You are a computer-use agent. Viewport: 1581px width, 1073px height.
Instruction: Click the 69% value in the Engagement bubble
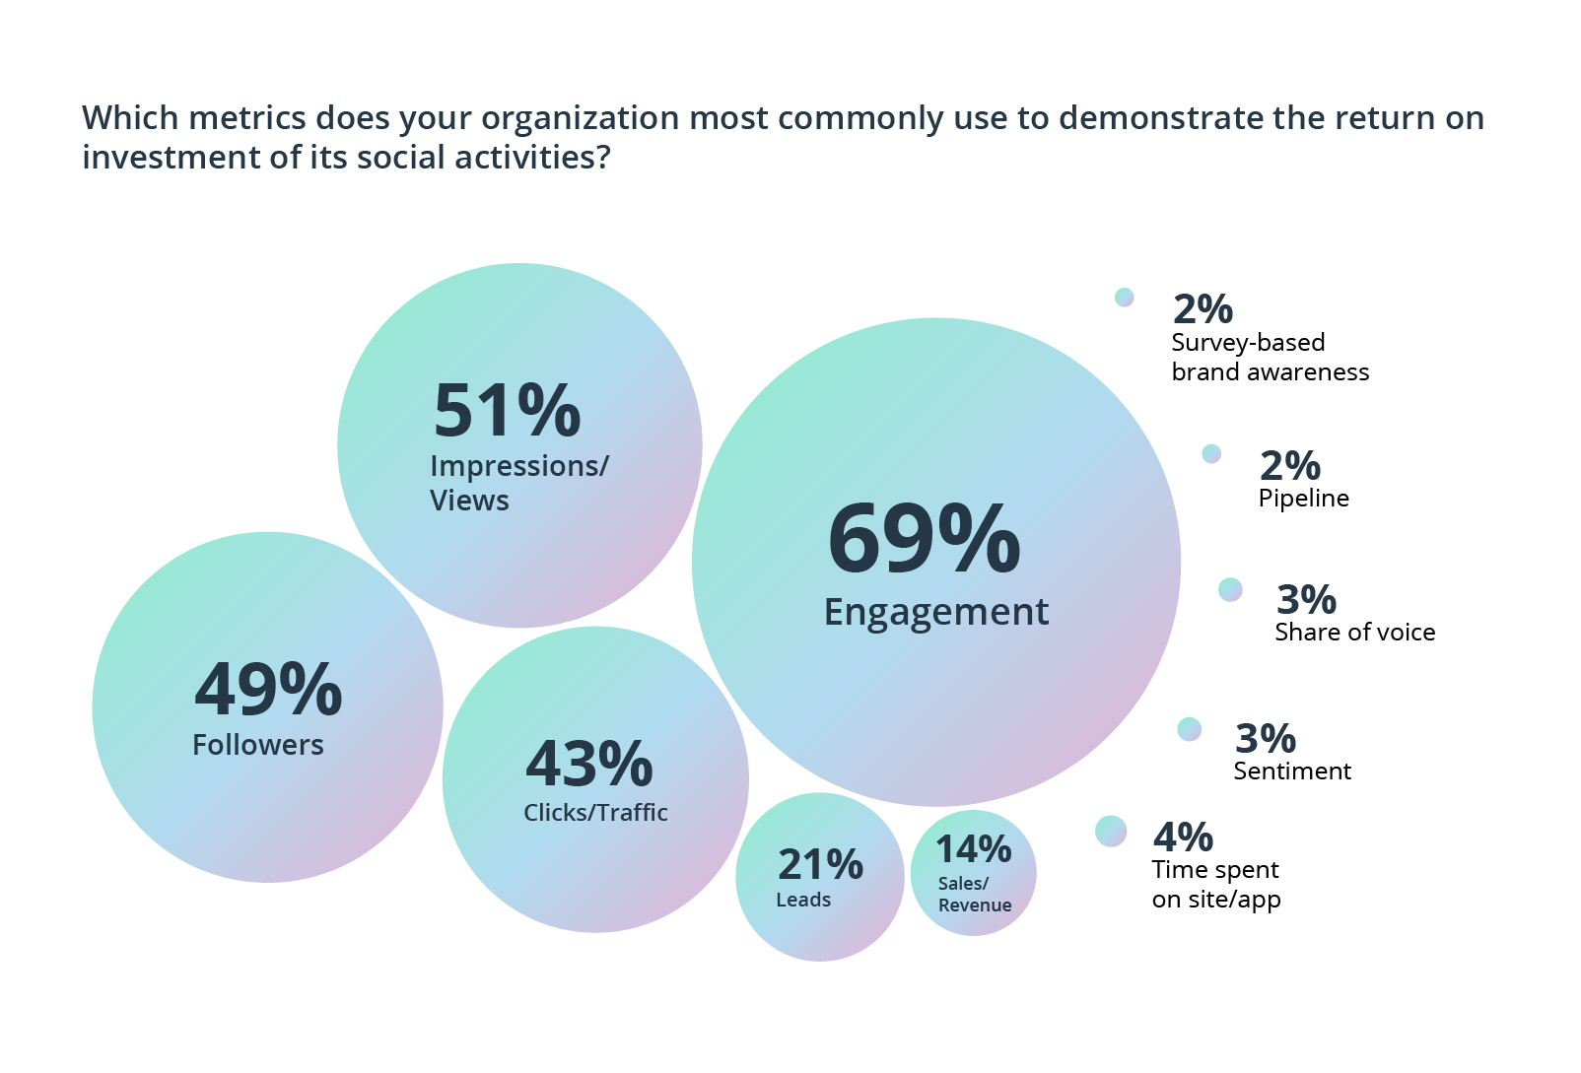pyautogui.click(x=924, y=539)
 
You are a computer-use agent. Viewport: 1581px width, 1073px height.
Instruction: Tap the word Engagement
pyautogui.click(x=935, y=612)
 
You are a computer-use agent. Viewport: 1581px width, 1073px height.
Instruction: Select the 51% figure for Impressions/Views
pyautogui.click(x=507, y=411)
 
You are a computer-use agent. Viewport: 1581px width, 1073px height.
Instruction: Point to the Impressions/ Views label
pyautogui.click(x=518, y=483)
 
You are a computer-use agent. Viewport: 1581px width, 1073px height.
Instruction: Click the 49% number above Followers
pyautogui.click(x=268, y=690)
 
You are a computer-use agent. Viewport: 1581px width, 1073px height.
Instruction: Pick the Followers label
pyautogui.click(x=258, y=745)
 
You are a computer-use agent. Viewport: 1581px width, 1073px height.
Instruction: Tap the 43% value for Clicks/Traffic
pyautogui.click(x=589, y=765)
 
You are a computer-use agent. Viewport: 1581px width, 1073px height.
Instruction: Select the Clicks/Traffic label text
pyautogui.click(x=595, y=813)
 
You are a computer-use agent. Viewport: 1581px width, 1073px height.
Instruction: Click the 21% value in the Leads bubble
pyautogui.click(x=820, y=865)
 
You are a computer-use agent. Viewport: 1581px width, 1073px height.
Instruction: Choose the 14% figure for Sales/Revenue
pyautogui.click(x=973, y=849)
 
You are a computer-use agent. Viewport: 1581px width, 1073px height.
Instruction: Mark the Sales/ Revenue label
pyautogui.click(x=974, y=895)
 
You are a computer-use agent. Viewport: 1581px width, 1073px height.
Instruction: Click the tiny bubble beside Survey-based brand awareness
pyautogui.click(x=1124, y=297)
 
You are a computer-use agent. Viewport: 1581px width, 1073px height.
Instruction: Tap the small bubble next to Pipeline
pyautogui.click(x=1211, y=453)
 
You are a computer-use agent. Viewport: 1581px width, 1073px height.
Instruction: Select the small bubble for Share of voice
pyautogui.click(x=1230, y=589)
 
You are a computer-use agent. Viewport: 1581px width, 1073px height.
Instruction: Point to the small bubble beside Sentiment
pyautogui.click(x=1190, y=729)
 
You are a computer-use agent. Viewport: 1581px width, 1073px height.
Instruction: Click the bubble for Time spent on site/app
pyautogui.click(x=1111, y=832)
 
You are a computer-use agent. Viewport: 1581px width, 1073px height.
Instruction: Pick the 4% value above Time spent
pyautogui.click(x=1183, y=838)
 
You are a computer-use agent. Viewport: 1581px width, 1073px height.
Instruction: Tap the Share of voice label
pyautogui.click(x=1354, y=633)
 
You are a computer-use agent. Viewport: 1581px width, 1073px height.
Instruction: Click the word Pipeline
pyautogui.click(x=1303, y=499)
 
